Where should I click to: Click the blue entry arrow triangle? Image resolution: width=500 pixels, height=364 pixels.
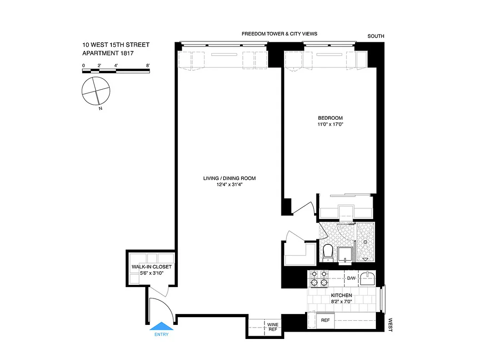[161, 326]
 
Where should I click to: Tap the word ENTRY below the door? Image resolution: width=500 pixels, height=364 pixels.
[161, 335]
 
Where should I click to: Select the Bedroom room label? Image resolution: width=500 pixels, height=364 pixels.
[330, 118]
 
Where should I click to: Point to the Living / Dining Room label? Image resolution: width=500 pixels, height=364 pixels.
[229, 178]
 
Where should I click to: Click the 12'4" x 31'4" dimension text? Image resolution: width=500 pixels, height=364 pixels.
[229, 185]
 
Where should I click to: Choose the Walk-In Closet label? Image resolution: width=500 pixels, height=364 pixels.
[151, 267]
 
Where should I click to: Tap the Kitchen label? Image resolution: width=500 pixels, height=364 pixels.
[341, 296]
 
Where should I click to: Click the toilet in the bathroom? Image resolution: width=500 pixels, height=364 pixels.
[327, 252]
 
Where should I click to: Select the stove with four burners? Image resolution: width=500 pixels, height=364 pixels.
[319, 278]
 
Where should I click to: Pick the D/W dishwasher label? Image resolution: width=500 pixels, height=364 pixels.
[351, 278]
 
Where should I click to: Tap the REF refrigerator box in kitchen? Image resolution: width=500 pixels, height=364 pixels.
[325, 320]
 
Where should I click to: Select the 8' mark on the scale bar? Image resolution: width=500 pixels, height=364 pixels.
[148, 66]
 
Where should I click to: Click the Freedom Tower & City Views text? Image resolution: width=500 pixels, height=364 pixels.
[279, 34]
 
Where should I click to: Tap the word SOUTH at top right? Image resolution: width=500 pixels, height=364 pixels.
[376, 36]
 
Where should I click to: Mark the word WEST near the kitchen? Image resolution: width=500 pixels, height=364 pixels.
[390, 324]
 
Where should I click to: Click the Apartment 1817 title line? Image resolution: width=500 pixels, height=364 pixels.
[108, 53]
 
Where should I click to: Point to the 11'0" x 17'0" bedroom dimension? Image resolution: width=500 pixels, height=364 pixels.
[330, 125]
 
